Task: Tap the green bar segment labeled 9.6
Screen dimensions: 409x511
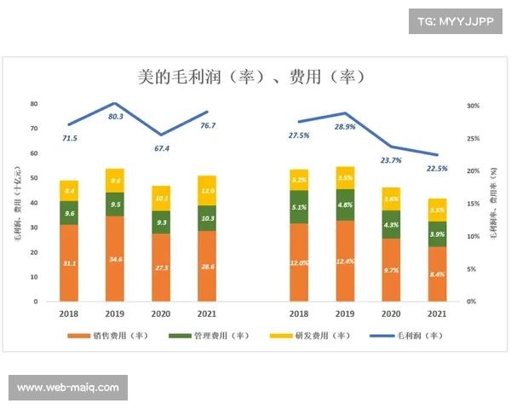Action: click(69, 213)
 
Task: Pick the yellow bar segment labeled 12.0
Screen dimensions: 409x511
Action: click(207, 191)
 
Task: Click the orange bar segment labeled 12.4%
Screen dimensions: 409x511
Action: click(345, 260)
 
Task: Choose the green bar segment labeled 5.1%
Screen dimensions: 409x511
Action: click(299, 206)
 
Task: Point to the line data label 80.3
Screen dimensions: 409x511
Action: click(116, 117)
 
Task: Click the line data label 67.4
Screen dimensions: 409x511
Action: click(161, 148)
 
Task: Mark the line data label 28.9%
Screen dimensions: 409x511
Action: click(346, 126)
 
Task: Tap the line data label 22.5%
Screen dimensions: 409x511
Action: click(436, 169)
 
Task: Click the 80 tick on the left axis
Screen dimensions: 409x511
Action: click(35, 104)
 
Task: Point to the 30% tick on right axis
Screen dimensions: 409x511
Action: click(474, 106)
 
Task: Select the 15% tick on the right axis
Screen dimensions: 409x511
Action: click(474, 204)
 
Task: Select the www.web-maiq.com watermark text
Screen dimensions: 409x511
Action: click(68, 388)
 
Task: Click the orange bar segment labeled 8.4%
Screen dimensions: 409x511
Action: click(436, 274)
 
